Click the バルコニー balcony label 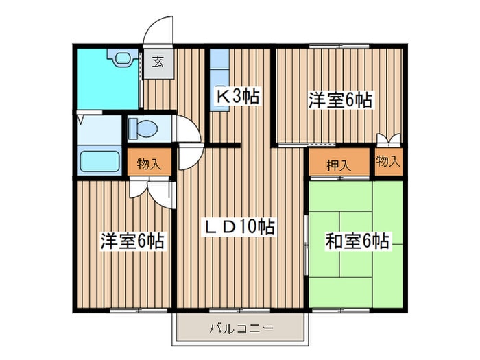click(241, 328)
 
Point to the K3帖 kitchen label click(238, 98)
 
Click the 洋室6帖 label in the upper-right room click(339, 100)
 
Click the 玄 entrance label click(158, 62)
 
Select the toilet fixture click(143, 129)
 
